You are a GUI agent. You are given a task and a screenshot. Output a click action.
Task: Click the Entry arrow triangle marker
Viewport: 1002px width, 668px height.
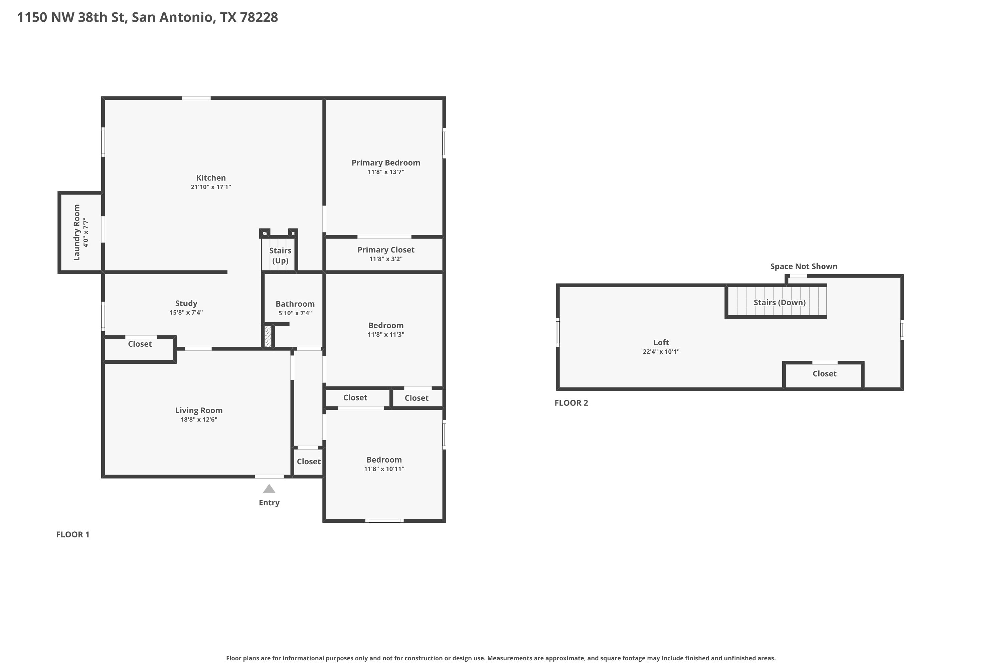(269, 489)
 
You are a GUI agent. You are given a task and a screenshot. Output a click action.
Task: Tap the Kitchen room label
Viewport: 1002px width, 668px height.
(211, 178)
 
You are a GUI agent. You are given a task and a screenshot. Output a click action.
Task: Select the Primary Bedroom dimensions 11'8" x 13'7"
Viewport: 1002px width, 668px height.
(385, 172)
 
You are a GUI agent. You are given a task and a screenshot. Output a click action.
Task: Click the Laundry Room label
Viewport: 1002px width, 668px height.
(77, 232)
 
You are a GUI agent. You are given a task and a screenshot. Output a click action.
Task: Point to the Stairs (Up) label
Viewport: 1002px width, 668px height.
(280, 256)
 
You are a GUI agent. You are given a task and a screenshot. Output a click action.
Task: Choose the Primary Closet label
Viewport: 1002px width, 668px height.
(385, 249)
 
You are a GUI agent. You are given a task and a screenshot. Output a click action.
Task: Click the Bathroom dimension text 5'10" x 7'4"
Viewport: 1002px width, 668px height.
(295, 313)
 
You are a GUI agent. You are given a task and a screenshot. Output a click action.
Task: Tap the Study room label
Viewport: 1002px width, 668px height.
(186, 303)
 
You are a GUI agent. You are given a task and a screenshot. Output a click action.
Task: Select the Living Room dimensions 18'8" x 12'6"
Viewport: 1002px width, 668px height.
(199, 420)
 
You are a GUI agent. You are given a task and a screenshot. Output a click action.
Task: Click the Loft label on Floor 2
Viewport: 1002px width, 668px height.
(661, 343)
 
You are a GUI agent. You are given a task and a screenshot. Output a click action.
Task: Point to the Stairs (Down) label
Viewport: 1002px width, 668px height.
(780, 303)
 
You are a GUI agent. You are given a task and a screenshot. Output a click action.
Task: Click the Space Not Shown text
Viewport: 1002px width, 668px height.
(804, 266)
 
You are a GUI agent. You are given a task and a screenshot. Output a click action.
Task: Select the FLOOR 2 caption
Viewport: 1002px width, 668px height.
(571, 403)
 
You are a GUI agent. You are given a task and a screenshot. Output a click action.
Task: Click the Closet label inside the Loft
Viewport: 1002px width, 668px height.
(824, 374)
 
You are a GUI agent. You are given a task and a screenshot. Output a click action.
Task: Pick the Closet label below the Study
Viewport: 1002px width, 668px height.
(140, 344)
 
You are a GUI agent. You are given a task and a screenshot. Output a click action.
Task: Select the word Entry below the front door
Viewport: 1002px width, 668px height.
(269, 503)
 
